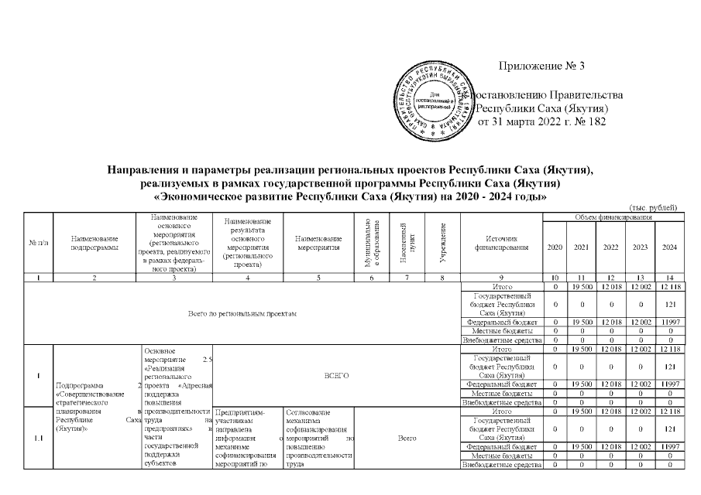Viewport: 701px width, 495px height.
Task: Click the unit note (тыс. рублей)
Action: point(654,207)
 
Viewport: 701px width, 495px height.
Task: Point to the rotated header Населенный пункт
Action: point(407,242)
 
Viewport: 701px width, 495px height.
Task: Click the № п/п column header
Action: point(38,243)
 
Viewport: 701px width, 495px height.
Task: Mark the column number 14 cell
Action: point(668,277)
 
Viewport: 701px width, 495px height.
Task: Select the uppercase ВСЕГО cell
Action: point(337,375)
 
